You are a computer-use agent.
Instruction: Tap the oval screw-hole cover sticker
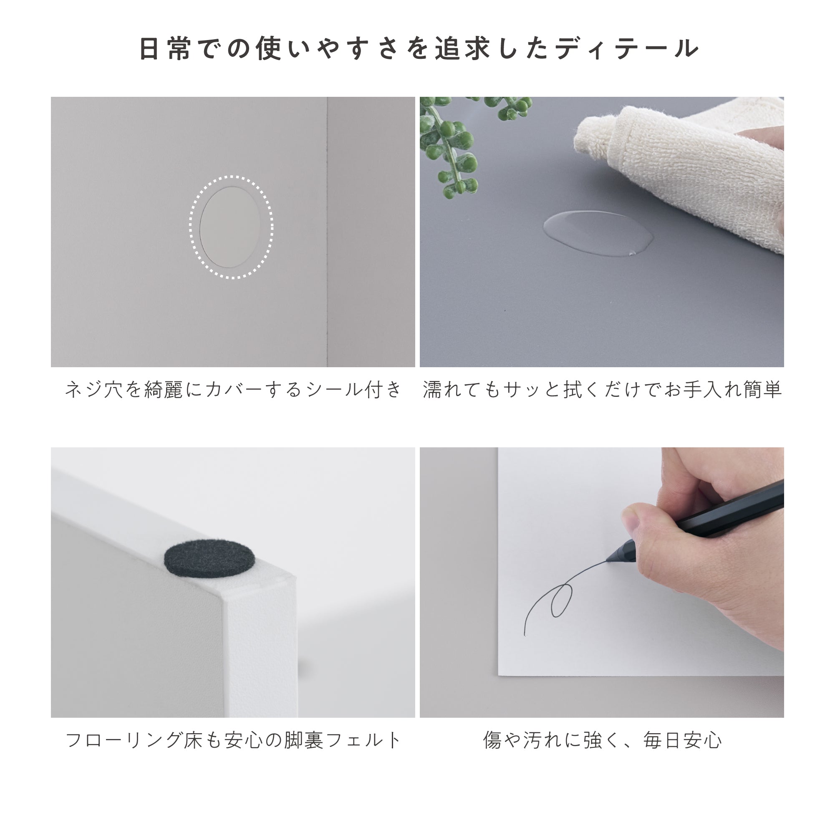tap(230, 227)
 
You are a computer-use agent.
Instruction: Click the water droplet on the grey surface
tap(598, 233)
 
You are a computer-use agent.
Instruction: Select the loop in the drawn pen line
tap(561, 600)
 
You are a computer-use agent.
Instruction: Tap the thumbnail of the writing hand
tap(632, 523)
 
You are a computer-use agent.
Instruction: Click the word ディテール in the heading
tap(627, 48)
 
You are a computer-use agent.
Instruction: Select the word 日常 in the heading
tap(164, 48)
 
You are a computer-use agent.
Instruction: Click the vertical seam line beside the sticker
tap(327, 232)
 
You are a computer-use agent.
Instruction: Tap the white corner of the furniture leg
tap(259, 640)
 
